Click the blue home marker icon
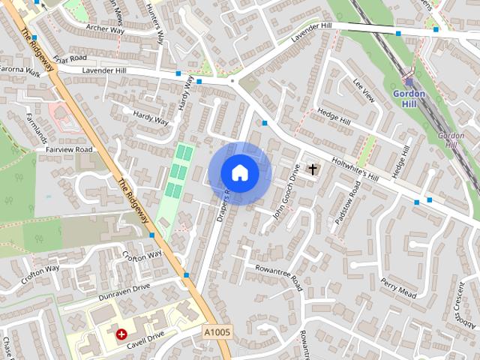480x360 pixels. click(239, 172)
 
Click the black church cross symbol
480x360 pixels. click(312, 169)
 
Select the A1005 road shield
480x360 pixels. click(217, 331)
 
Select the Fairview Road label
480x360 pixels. click(68, 149)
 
